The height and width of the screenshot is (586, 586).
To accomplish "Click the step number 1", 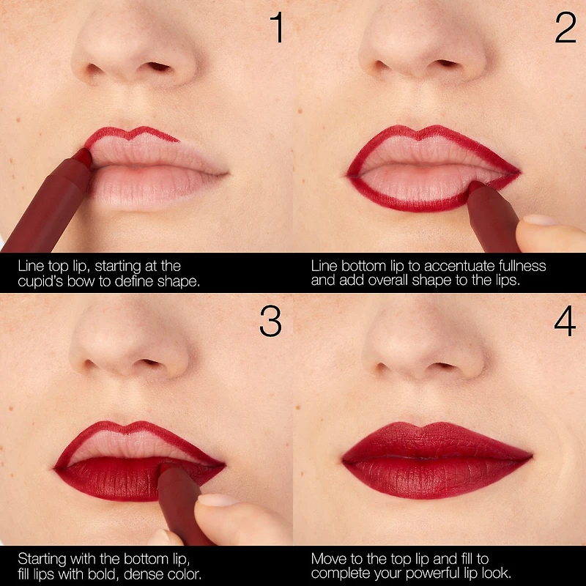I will pos(275,29).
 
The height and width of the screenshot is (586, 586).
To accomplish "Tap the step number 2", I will pos(565,29).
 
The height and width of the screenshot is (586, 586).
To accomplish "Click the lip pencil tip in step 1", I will pos(84,156).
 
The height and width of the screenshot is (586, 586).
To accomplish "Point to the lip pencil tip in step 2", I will pos(475,188).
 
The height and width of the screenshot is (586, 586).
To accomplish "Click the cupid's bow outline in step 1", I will pos(132,133).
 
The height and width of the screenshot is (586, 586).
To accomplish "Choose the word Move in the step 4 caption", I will pos(327,558).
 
